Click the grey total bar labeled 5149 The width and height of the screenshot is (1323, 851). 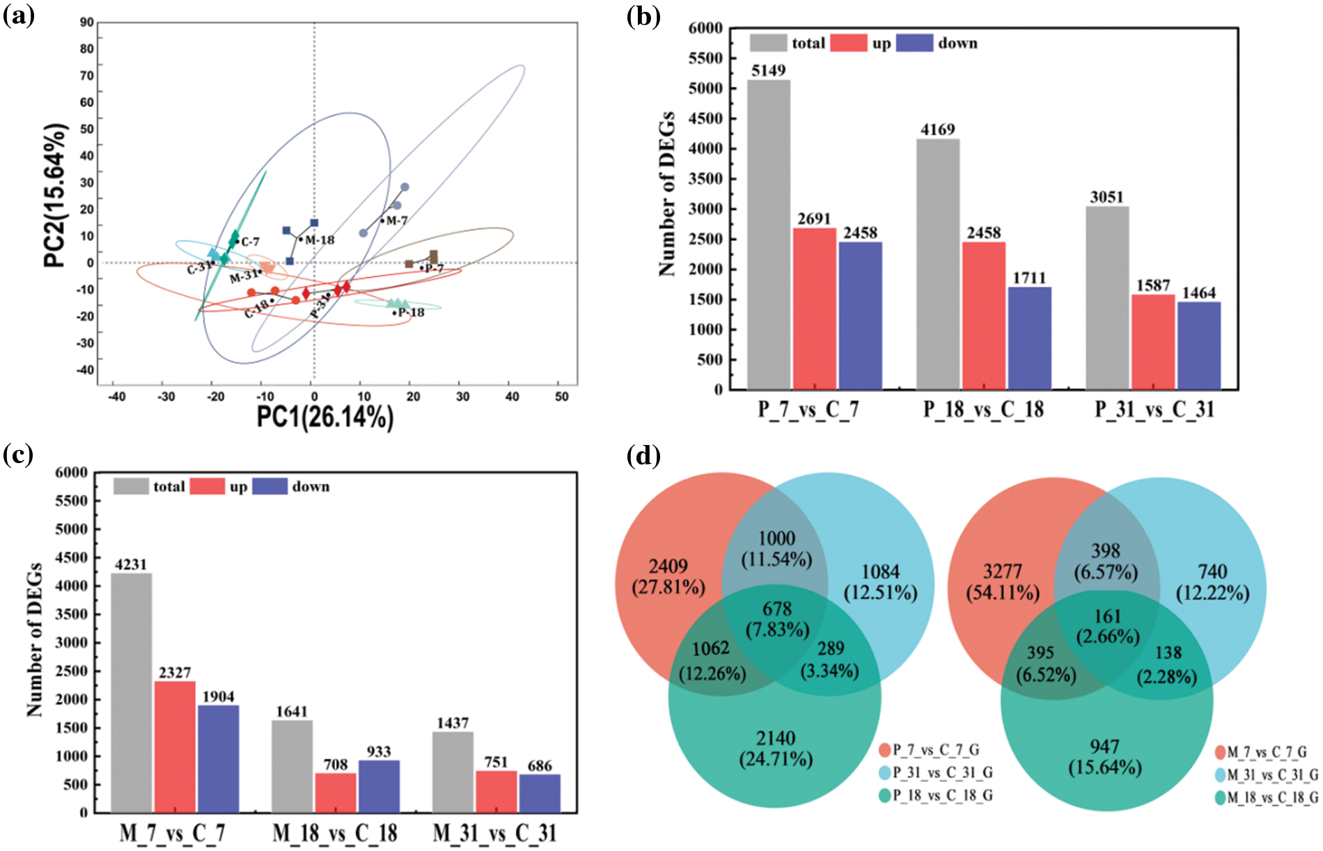769,235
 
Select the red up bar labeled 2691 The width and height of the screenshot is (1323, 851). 814,309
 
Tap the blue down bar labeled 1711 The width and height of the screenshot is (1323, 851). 1029,338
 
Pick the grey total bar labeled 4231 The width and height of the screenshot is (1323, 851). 132,693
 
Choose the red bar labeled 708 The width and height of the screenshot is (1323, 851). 335,793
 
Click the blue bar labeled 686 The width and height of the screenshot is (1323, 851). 539,793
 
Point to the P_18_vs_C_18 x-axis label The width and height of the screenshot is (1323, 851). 983,409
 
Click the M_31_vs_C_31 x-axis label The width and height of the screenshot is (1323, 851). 494,834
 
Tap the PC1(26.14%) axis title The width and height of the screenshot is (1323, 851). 325,417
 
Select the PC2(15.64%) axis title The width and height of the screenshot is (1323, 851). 56,196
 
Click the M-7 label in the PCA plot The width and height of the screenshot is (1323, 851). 396,221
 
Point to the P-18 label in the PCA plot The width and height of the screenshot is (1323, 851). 411,313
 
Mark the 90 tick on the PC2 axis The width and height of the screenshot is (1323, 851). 86,22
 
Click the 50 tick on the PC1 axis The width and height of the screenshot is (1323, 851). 561,397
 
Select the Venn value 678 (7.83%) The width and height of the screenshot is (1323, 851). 777,619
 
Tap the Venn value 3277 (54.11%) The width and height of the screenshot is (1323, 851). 1003,582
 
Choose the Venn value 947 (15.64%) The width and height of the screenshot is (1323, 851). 1105,757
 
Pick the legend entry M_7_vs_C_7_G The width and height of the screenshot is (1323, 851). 1267,752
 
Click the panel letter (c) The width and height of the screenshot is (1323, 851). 19,455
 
